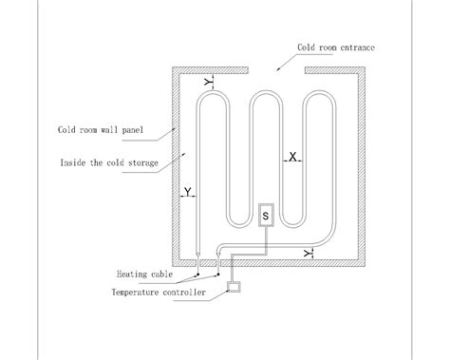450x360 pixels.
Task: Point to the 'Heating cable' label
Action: pyautogui.click(x=145, y=274)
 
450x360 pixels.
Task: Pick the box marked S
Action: pyautogui.click(x=265, y=217)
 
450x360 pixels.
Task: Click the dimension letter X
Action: pyautogui.click(x=292, y=155)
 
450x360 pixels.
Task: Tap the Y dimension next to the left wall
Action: pyautogui.click(x=188, y=193)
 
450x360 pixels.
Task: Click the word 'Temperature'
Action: pyautogui.click(x=133, y=292)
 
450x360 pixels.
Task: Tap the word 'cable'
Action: pyautogui.click(x=161, y=274)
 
